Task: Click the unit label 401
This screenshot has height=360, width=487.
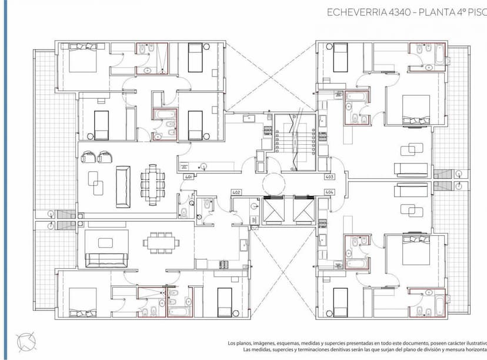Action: pos(189,176)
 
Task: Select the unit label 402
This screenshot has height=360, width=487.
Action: pos(236,192)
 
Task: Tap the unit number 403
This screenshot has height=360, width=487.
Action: pos(329,176)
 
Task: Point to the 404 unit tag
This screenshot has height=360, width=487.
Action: pos(329,192)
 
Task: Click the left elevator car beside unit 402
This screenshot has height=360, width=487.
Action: pos(273,210)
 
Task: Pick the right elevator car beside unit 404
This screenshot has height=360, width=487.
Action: pos(303,210)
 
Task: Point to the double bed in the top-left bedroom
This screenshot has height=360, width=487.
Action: pos(83,58)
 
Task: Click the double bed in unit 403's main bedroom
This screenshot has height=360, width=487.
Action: pos(416,110)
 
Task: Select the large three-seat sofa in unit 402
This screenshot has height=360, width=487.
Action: pos(106,259)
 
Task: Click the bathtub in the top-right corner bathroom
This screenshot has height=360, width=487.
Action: pos(438,57)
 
